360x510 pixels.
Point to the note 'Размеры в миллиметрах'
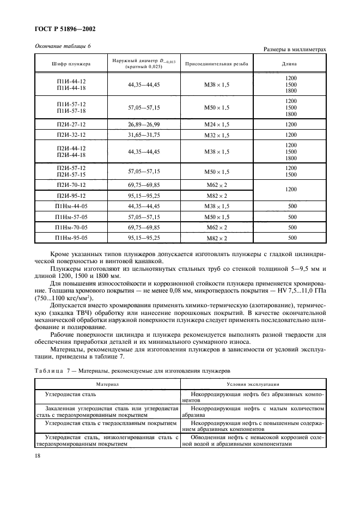tap(295, 50)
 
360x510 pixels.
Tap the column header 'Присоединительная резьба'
tap(217, 64)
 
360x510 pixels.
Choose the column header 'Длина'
tap(290, 64)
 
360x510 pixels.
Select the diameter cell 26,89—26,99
tap(144, 124)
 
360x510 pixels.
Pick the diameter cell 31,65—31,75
tap(144, 135)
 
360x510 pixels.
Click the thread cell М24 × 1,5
tap(217, 124)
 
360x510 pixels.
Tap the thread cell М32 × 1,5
tap(217, 135)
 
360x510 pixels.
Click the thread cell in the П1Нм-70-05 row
tap(217, 227)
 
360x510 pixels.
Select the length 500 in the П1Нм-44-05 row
tap(290, 207)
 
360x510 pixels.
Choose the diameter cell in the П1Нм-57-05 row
tap(144, 217)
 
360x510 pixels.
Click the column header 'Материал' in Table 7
tap(107, 384)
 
